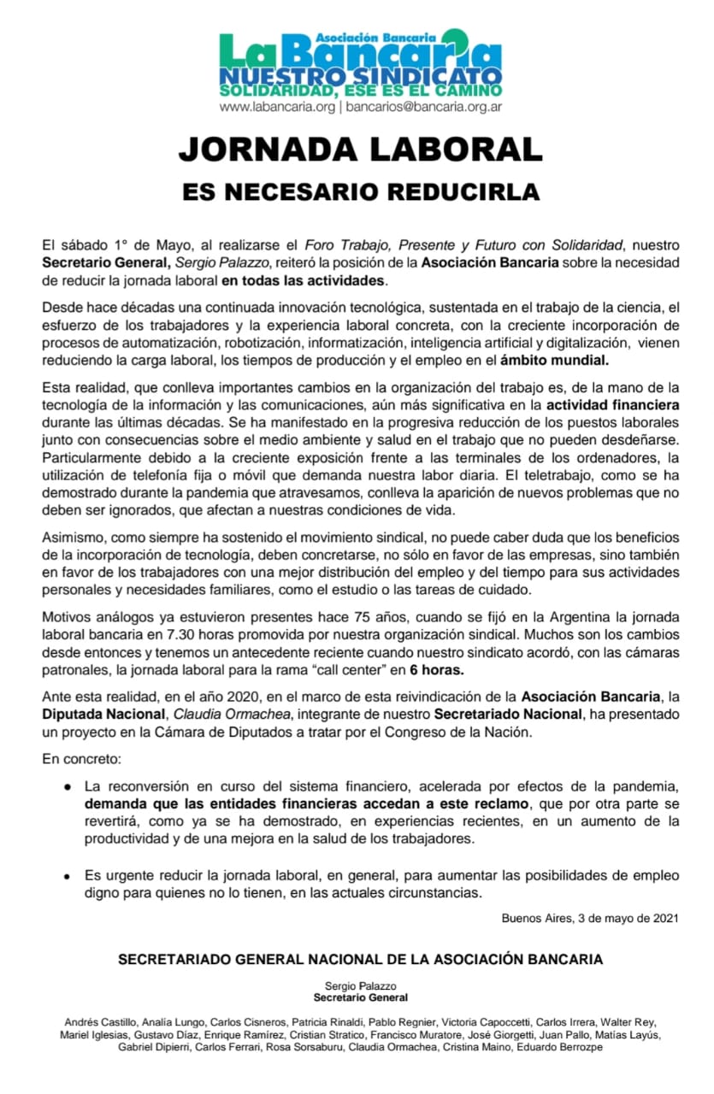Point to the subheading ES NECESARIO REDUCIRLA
pos(360,191)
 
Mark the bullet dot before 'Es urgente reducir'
pos(66,876)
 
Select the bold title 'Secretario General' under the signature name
pos(360,997)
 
